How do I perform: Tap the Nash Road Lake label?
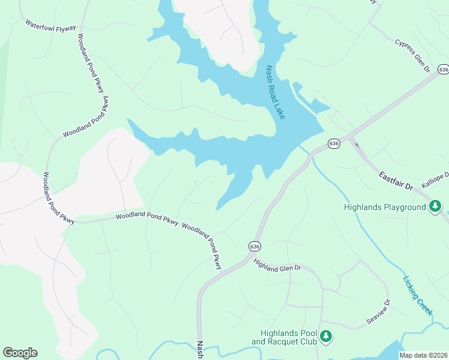275,92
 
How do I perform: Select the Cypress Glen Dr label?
413,56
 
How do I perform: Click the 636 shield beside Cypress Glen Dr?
443,70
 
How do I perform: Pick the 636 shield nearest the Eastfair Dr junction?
334,143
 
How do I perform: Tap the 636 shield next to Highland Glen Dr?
255,246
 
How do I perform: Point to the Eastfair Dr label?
396,181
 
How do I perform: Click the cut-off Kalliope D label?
435,181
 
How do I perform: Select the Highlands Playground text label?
384,208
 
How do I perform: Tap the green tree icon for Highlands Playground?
435,208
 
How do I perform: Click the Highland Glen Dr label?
277,265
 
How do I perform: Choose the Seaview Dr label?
379,313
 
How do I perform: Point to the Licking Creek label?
418,296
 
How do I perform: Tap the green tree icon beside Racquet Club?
326,337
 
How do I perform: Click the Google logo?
20,352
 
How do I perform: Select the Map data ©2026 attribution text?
423,355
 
